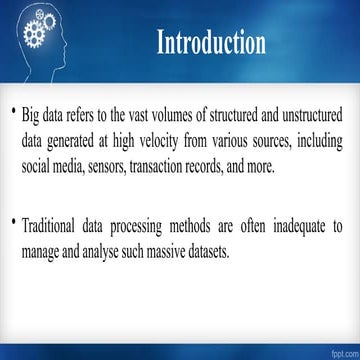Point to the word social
(x=39, y=166)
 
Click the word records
(x=251, y=166)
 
